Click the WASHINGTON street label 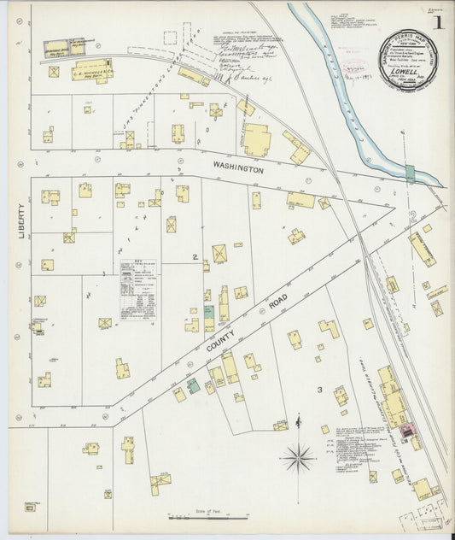(x=233, y=170)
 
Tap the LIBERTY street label (x=20, y=220)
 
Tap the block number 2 (x=195, y=256)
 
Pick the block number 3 (x=319, y=390)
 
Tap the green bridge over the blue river (x=411, y=173)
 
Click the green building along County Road (x=194, y=385)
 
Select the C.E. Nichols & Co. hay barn (x=92, y=69)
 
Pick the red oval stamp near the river (x=352, y=66)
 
